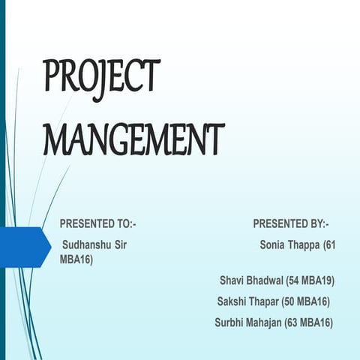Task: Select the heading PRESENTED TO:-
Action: click(98, 223)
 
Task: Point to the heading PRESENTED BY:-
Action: click(291, 223)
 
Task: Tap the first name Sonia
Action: click(273, 245)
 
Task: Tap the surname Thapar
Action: click(264, 301)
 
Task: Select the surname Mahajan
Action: click(266, 322)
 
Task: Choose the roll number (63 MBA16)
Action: click(309, 322)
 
